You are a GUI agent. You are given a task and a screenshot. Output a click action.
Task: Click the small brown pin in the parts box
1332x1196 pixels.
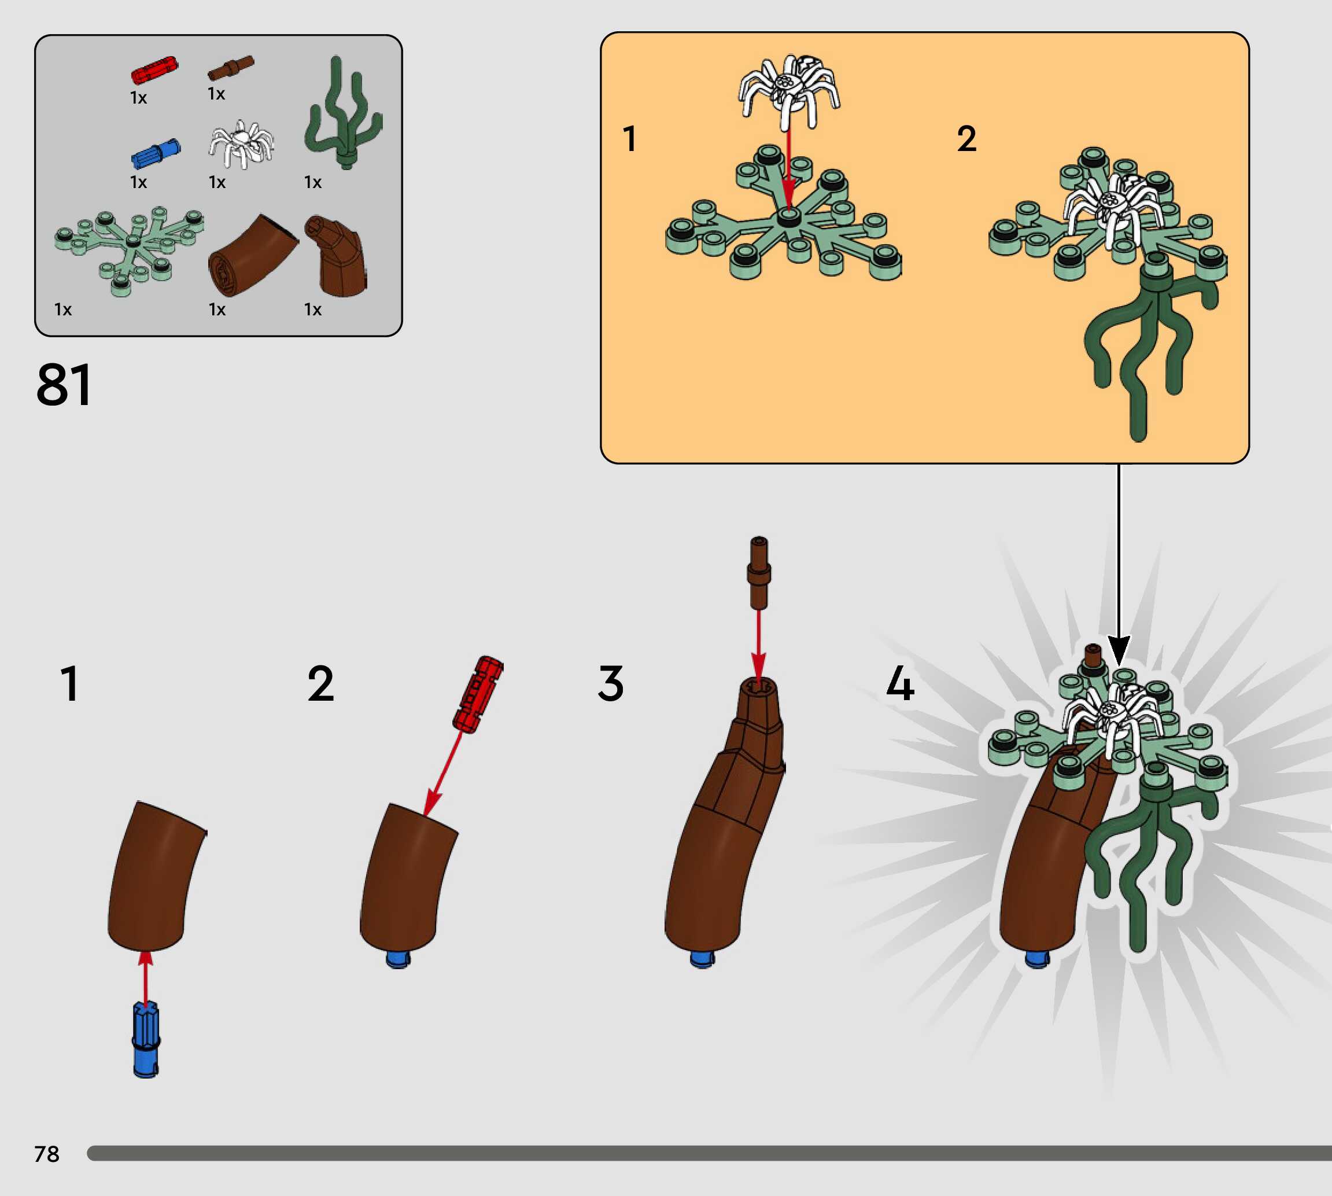tap(231, 68)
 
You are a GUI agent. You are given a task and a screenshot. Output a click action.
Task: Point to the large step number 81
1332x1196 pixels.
tap(64, 385)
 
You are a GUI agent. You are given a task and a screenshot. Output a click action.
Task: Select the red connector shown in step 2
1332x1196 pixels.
tap(478, 693)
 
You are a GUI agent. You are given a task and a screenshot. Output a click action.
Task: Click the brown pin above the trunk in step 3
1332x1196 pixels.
tap(759, 572)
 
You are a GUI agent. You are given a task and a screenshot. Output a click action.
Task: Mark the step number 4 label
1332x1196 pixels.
tap(900, 683)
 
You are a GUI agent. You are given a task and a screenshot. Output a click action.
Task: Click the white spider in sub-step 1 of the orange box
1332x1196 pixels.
tap(789, 91)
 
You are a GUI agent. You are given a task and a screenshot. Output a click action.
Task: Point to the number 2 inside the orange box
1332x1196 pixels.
tap(966, 139)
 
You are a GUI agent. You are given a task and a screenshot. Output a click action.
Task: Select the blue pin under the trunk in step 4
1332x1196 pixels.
tap(1038, 959)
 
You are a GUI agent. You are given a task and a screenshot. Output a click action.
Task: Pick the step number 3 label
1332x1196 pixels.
tap(610, 683)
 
